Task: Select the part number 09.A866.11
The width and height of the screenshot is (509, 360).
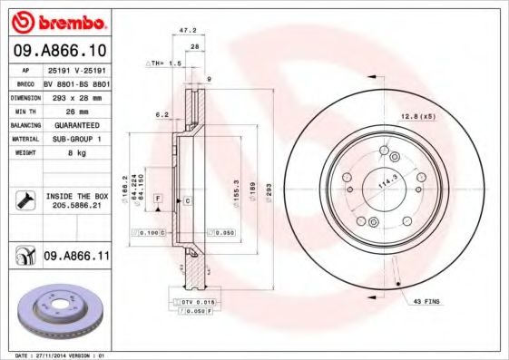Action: click(x=75, y=258)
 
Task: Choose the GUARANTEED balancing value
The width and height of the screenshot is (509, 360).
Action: click(x=73, y=124)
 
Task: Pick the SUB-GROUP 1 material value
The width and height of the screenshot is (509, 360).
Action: click(x=73, y=139)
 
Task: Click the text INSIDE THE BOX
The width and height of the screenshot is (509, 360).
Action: click(x=75, y=196)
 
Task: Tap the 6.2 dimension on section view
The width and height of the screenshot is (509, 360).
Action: click(x=162, y=114)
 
